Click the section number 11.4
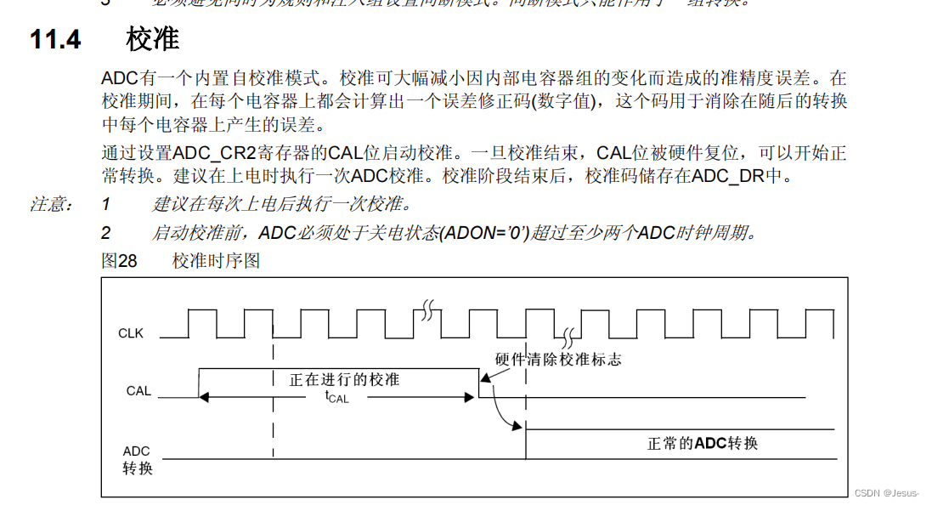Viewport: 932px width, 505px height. tap(56, 39)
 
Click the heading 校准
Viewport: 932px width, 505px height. tap(153, 39)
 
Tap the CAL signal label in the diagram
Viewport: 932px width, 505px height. tap(138, 391)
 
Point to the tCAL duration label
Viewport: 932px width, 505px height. tap(337, 396)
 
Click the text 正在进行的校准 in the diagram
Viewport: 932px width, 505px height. tap(344, 379)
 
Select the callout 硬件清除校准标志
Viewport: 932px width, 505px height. tap(558, 360)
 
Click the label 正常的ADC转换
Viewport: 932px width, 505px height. tap(703, 443)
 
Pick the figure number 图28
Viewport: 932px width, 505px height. tap(119, 261)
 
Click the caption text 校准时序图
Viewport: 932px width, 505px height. tap(216, 261)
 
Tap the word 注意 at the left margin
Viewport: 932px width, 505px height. tap(52, 205)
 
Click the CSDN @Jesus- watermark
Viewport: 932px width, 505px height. tap(887, 493)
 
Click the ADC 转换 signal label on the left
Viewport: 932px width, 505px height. tap(137, 459)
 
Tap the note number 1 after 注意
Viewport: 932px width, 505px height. tap(106, 205)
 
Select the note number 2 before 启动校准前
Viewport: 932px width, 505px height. tap(106, 233)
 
